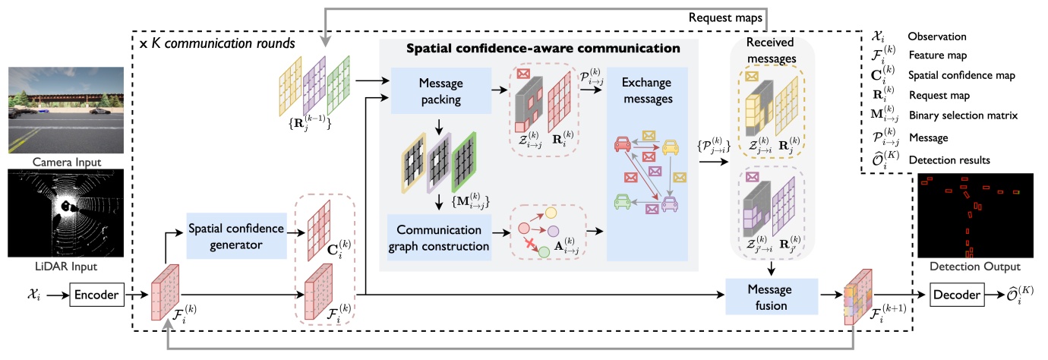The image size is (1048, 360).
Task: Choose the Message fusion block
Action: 770,297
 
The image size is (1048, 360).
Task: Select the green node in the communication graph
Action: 543,251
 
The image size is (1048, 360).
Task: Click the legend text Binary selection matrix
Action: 952,115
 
